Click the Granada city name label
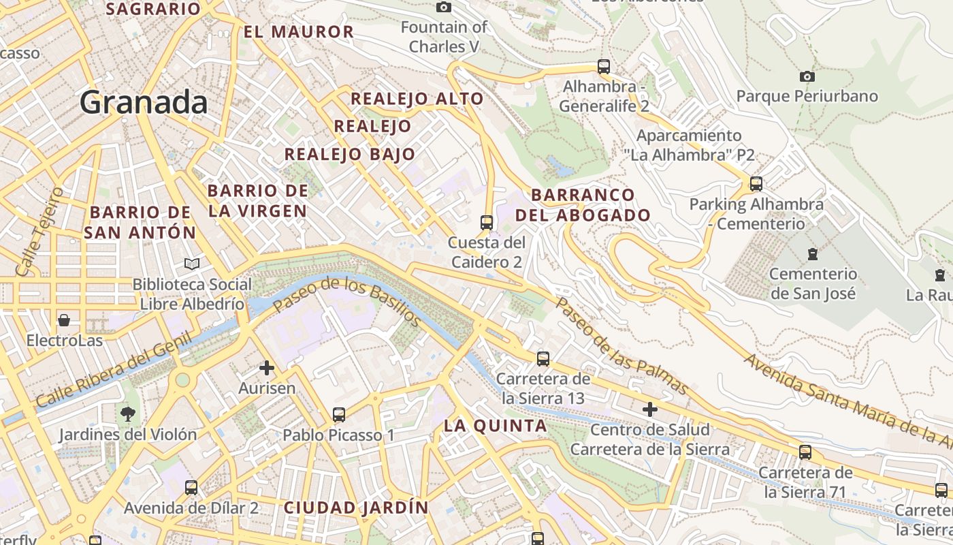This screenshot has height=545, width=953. pyautogui.click(x=144, y=102)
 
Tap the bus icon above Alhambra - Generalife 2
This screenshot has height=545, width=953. pyautogui.click(x=603, y=67)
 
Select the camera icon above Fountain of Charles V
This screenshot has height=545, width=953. pyautogui.click(x=444, y=7)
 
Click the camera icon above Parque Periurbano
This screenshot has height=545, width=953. pyautogui.click(x=807, y=76)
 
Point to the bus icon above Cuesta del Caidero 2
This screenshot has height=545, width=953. pyautogui.click(x=487, y=222)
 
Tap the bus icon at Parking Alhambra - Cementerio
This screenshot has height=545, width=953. pyautogui.click(x=756, y=183)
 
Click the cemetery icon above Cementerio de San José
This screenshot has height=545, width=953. pyautogui.click(x=812, y=254)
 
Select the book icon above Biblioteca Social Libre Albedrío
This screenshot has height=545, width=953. pyautogui.click(x=192, y=264)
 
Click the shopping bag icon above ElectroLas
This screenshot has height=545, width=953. pyautogui.click(x=64, y=320)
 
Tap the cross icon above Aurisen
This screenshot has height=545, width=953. pyautogui.click(x=267, y=368)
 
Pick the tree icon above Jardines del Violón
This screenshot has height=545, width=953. pyautogui.click(x=127, y=414)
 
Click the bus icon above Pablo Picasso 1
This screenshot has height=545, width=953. pyautogui.click(x=338, y=414)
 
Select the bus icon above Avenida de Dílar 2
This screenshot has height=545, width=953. pyautogui.click(x=191, y=487)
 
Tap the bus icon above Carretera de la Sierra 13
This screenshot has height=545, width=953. pyautogui.click(x=543, y=358)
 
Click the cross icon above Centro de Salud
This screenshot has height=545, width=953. pyautogui.click(x=650, y=409)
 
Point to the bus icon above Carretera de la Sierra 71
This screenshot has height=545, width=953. pyautogui.click(x=805, y=452)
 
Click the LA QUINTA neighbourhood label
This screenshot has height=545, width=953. pyautogui.click(x=496, y=426)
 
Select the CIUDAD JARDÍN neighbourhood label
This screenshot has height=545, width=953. pyautogui.click(x=356, y=508)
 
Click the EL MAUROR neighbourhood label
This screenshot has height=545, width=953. pyautogui.click(x=299, y=32)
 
